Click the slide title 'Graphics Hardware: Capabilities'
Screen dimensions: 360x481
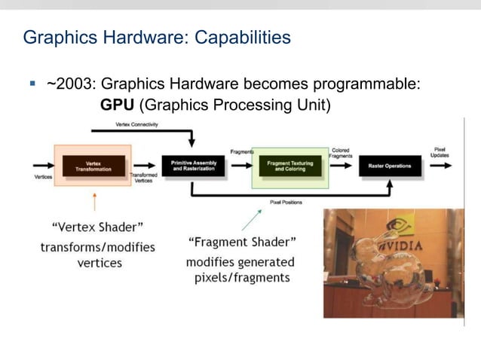coord(157,37)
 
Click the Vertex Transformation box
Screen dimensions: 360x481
coord(93,166)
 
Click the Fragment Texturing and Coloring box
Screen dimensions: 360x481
coord(290,166)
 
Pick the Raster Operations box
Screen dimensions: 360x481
coord(390,166)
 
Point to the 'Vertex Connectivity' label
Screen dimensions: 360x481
coord(136,124)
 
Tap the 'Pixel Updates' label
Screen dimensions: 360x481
coord(440,152)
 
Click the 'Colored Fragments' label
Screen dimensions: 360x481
coord(340,153)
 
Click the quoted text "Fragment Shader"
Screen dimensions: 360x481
coord(240,243)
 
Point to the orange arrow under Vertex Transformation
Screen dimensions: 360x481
coord(94,201)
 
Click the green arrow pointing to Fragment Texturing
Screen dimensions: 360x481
coord(252,219)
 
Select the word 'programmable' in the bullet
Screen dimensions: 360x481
coord(369,84)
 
